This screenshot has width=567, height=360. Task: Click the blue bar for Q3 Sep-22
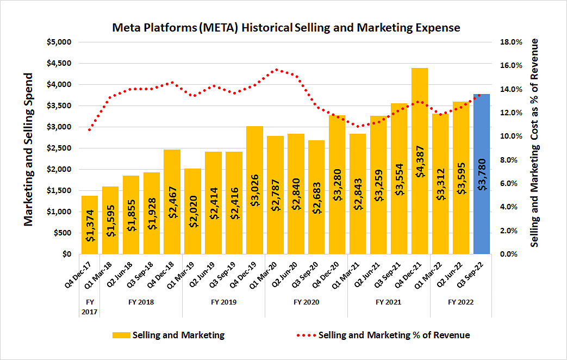pyautogui.click(x=482, y=174)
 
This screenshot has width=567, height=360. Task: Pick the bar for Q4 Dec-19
pyautogui.click(x=254, y=190)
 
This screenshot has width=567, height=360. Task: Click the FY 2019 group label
pyautogui.click(x=223, y=301)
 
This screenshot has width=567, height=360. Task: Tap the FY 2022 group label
pyautogui.click(x=461, y=301)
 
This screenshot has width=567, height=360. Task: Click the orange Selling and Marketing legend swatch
pyautogui.click(x=121, y=335)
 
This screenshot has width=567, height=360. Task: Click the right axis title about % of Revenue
pyautogui.click(x=535, y=142)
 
